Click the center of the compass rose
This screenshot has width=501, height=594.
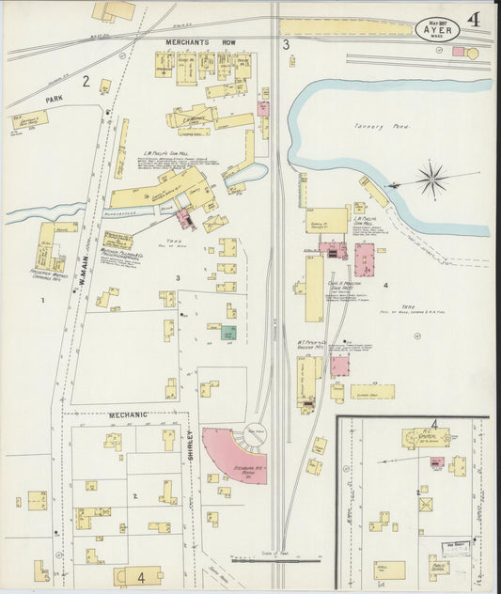(x=432, y=179)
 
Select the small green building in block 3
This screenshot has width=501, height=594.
(x=227, y=333)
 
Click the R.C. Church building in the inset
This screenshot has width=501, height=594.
(x=422, y=437)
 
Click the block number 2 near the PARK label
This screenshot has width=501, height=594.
(x=85, y=82)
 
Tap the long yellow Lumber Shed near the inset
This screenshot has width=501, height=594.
(x=372, y=391)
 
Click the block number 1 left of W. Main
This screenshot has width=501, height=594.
(x=42, y=300)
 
